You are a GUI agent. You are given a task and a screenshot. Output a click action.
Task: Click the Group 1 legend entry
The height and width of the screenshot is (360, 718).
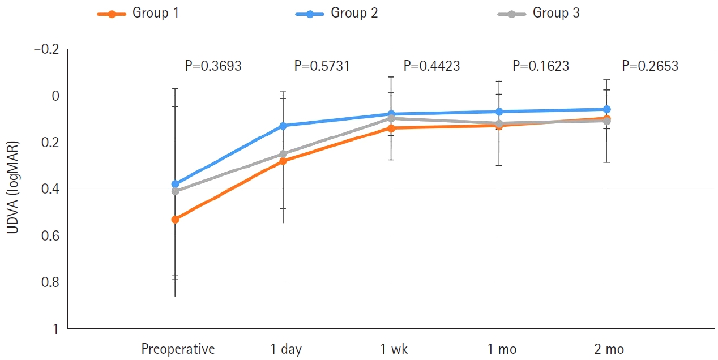point(138,14)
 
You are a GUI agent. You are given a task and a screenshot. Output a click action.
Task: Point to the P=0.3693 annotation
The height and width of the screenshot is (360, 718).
point(213,66)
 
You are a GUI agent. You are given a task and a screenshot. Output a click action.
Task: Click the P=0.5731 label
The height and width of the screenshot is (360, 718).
point(322,66)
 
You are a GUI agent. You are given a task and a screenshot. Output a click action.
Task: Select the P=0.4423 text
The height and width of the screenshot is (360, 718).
point(431,66)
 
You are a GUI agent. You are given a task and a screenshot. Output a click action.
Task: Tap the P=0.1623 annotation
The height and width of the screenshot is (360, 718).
point(541,66)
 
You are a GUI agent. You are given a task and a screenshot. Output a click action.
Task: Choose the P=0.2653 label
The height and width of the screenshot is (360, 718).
point(649,66)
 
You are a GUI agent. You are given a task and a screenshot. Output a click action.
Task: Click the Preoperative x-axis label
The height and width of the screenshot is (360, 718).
point(178,349)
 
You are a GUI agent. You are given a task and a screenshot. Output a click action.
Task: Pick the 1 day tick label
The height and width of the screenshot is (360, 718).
point(286,349)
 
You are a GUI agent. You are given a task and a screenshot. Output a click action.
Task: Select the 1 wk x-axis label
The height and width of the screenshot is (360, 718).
point(394,349)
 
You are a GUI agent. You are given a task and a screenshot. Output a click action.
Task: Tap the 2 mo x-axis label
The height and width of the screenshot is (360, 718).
point(609,349)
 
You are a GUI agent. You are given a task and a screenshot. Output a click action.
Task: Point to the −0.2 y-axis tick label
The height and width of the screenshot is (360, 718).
point(46,50)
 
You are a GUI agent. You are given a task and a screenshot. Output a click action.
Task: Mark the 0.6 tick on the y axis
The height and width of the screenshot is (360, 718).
point(51,235)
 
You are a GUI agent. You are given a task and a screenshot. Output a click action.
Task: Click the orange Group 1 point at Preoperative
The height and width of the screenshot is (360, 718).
point(175,219)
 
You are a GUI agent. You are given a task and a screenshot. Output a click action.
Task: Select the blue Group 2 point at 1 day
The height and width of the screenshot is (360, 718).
point(283,126)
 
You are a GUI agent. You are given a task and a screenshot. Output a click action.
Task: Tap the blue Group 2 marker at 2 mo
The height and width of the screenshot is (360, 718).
point(607,109)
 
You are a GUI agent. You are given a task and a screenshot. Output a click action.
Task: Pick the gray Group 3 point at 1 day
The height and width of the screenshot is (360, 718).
point(283,154)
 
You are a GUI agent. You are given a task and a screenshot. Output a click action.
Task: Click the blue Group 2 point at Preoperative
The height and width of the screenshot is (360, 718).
point(175,184)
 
